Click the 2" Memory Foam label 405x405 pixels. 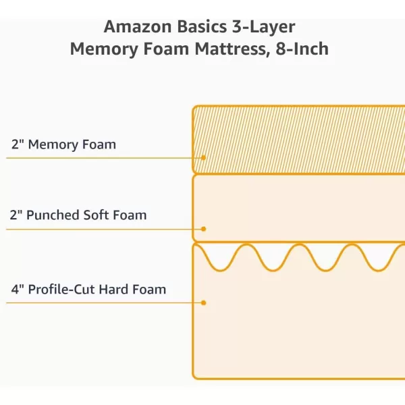pos(63,144)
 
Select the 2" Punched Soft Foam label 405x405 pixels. pos(78,215)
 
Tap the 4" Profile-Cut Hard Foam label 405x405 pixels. pos(88,290)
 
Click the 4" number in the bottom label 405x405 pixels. pos(17,290)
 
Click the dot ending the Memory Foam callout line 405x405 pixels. pos(203,158)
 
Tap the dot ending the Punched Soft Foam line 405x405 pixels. pos(203,229)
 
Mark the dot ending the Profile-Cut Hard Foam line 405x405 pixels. pos(203,302)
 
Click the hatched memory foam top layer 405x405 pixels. pos(297,138)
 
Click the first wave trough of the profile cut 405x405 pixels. pos(217,269)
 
